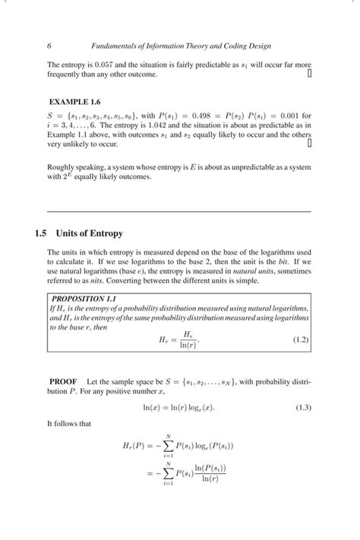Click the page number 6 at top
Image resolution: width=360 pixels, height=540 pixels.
pyautogui.click(x=49, y=46)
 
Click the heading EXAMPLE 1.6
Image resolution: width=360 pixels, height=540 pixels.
pyautogui.click(x=76, y=100)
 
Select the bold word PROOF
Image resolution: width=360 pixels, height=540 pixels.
pyautogui.click(x=65, y=381)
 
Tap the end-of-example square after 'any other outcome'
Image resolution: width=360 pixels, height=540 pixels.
pyautogui.click(x=308, y=74)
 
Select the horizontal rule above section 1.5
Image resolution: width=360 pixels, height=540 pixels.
pyautogui.click(x=179, y=210)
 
